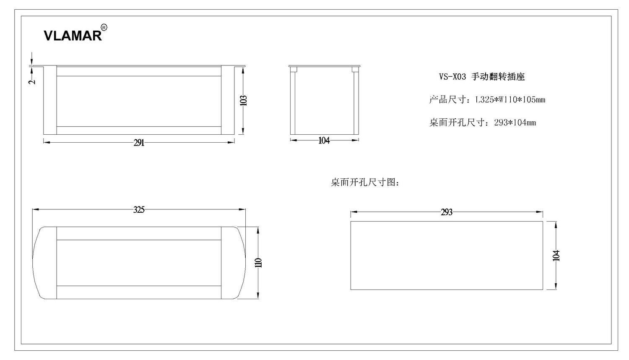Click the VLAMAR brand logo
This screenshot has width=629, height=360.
(73, 36)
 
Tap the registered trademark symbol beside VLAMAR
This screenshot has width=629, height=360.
(104, 28)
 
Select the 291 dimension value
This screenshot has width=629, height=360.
(139, 143)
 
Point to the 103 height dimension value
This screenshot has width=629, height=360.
(244, 101)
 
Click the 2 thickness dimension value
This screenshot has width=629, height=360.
(32, 82)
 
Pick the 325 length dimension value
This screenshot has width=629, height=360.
(139, 210)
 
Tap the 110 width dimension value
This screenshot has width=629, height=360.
(258, 263)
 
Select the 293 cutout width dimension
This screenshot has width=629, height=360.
(447, 212)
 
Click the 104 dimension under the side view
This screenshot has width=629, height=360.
(324, 141)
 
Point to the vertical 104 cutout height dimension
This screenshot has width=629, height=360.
(556, 256)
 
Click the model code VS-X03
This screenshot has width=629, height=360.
(452, 77)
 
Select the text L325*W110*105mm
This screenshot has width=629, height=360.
(510, 100)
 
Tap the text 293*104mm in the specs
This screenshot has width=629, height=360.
(515, 123)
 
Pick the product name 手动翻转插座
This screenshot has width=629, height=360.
(498, 77)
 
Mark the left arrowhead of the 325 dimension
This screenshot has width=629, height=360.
(36, 209)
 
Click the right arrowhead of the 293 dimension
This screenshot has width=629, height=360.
(539, 212)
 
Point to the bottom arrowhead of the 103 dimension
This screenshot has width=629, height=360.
(243, 130)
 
